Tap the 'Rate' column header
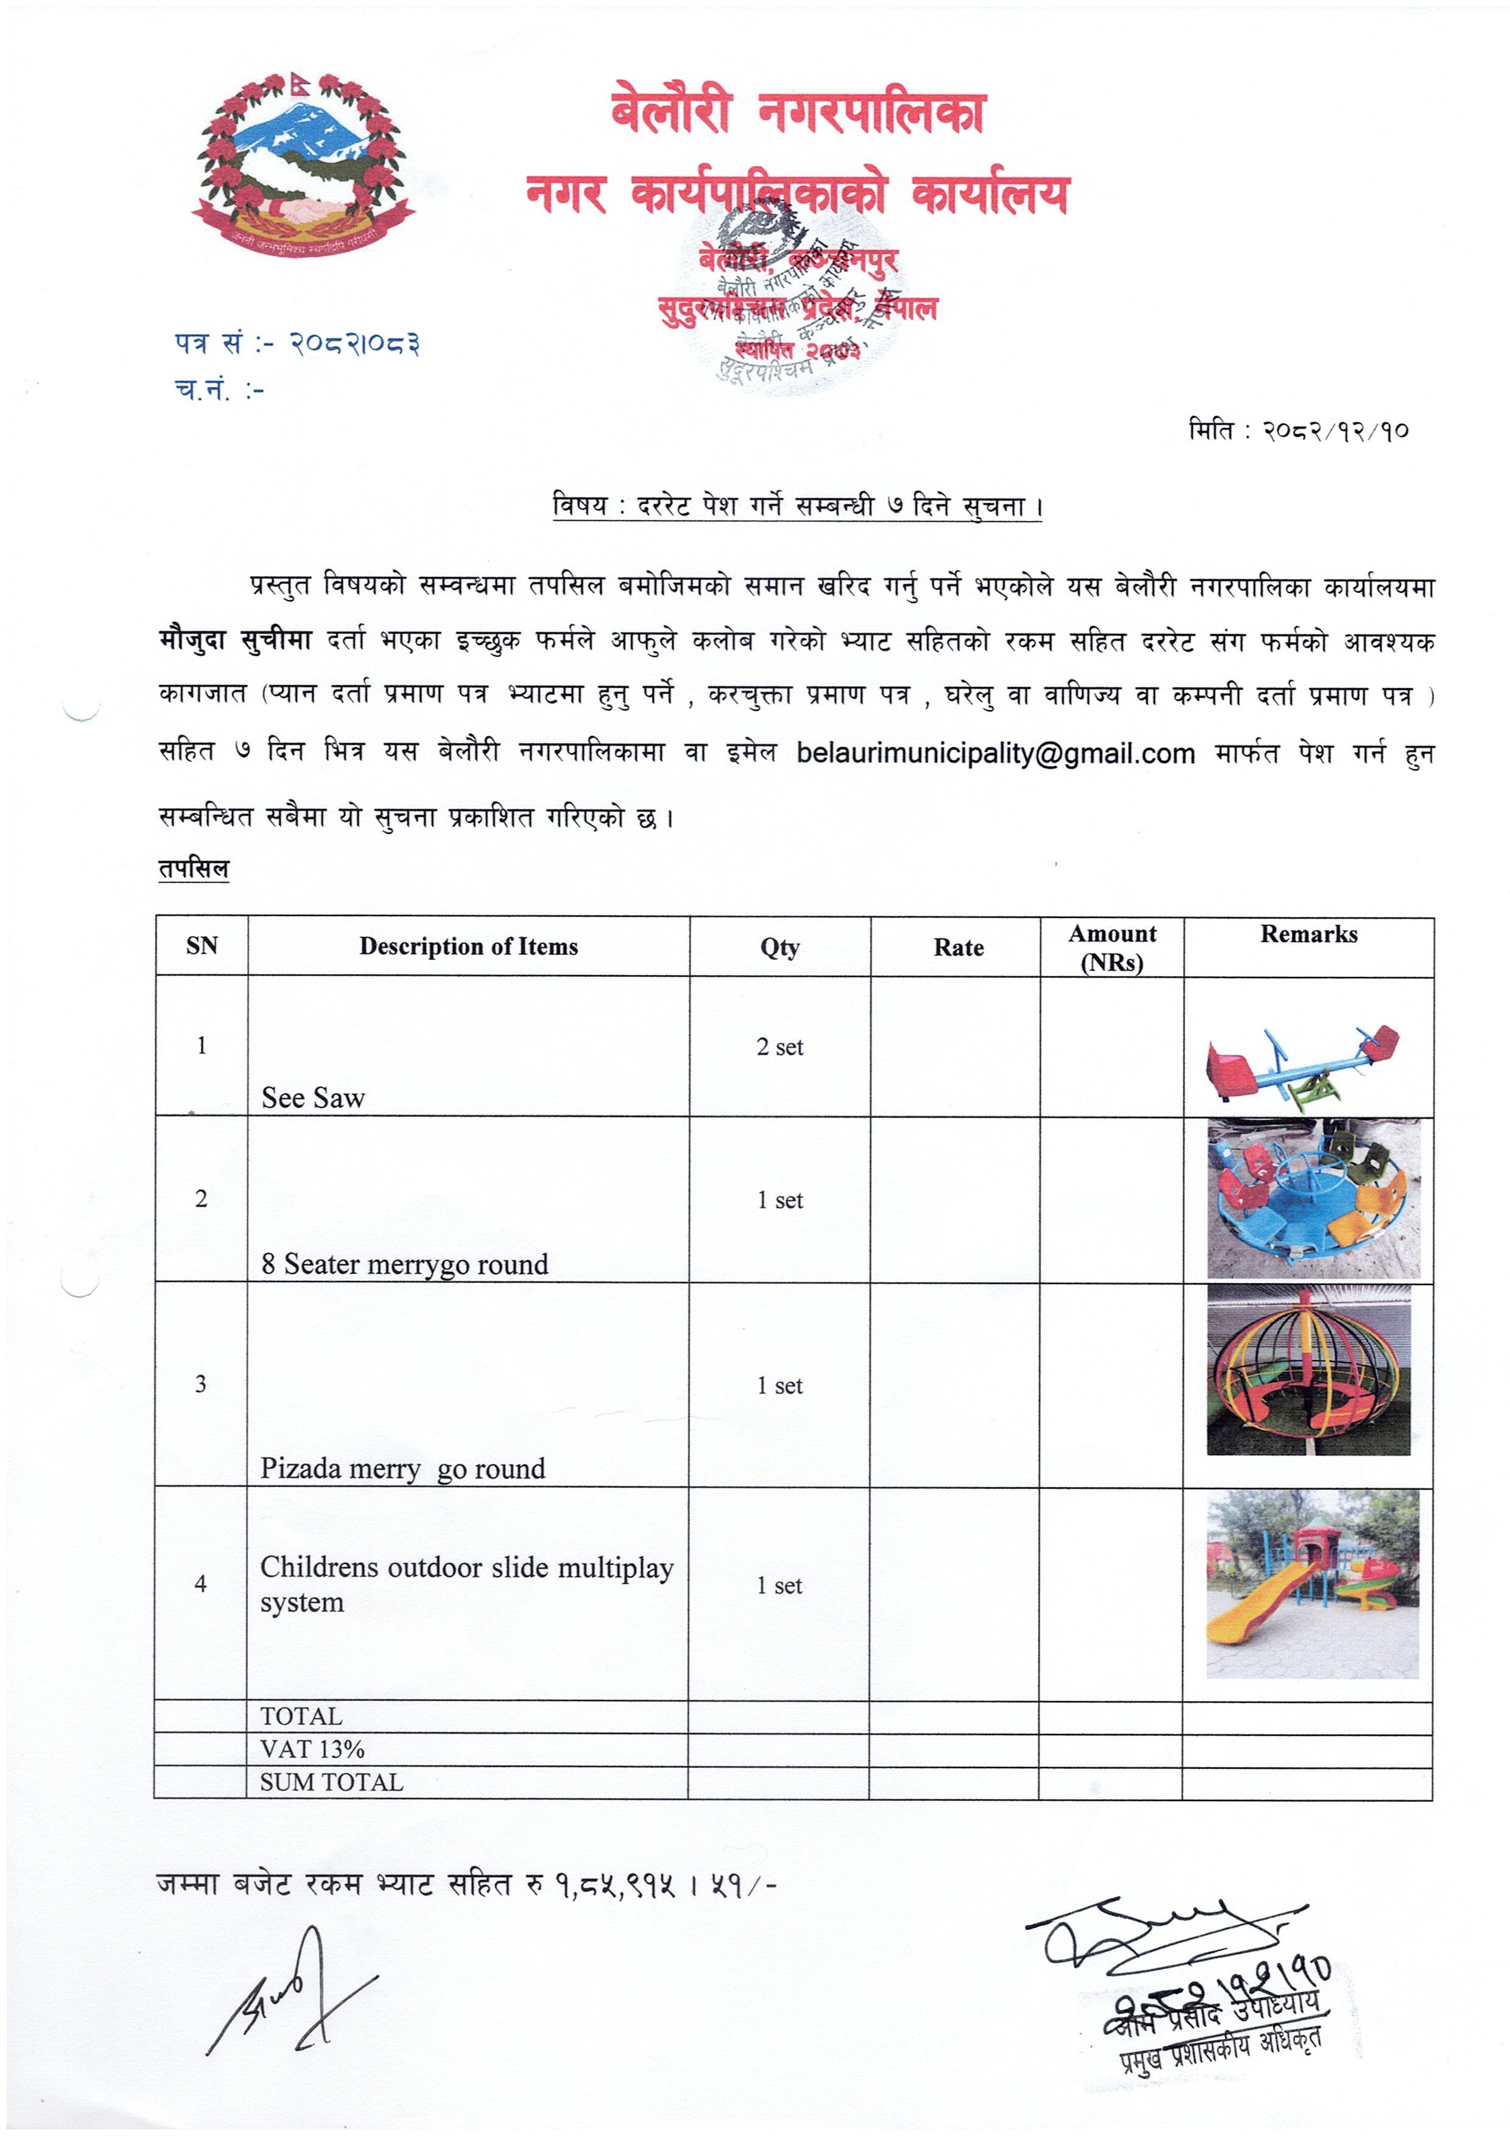tap(958, 947)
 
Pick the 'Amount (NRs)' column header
tap(1111, 947)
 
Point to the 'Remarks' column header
tap(1308, 934)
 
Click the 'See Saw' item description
tap(314, 1098)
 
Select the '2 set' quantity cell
tap(779, 1046)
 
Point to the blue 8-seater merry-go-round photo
tap(1313, 1198)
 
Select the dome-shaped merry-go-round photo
tap(1308, 1371)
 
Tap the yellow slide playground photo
tap(1312, 1584)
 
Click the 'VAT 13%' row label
tap(312, 1749)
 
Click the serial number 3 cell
tap(201, 1384)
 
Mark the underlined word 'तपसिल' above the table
tap(194, 869)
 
